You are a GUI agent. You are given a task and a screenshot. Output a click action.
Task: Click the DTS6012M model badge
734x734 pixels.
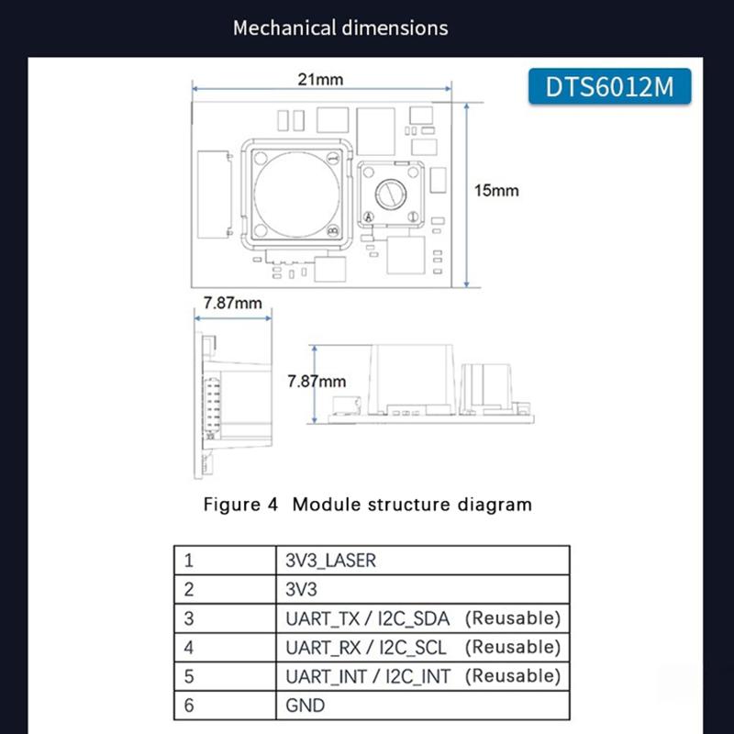click(609, 86)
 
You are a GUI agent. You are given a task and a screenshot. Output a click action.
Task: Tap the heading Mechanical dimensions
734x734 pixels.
click(340, 28)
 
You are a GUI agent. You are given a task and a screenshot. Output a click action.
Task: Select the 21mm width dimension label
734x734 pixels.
click(320, 80)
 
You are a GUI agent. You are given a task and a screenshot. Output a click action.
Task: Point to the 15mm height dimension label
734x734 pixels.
click(496, 191)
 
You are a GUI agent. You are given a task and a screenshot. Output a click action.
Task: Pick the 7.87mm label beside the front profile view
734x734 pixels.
click(317, 381)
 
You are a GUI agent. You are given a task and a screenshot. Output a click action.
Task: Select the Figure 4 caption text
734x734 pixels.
click(367, 504)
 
